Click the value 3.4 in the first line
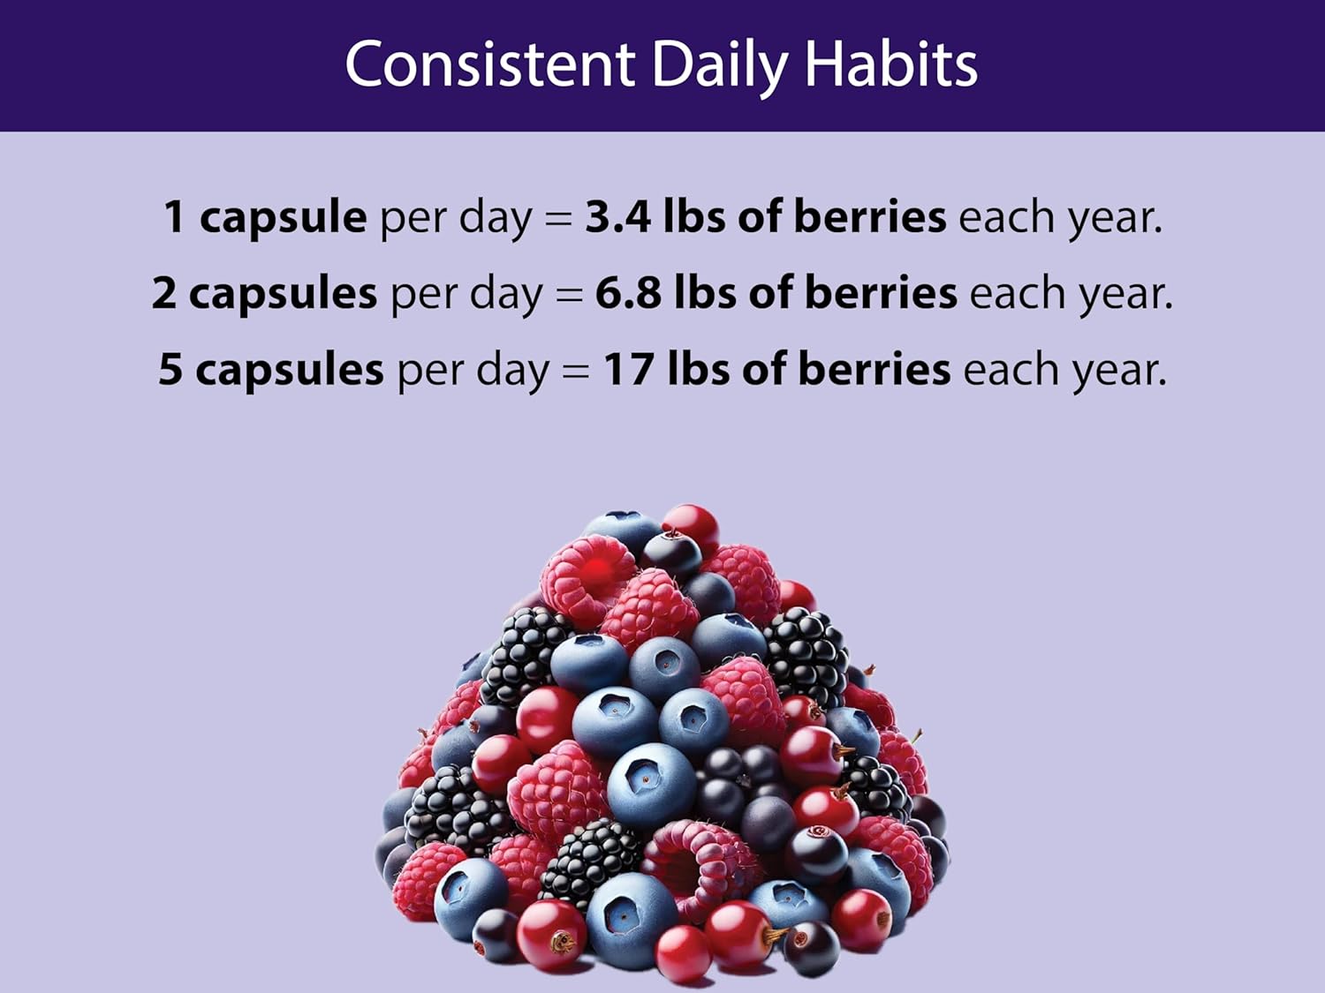tap(617, 216)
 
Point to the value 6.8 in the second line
tap(627, 292)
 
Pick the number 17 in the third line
tap(628, 368)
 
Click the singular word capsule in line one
tap(283, 217)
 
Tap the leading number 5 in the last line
tap(170, 369)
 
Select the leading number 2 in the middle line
tap(164, 292)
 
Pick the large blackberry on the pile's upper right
tap(805, 658)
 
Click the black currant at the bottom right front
tap(810, 946)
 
